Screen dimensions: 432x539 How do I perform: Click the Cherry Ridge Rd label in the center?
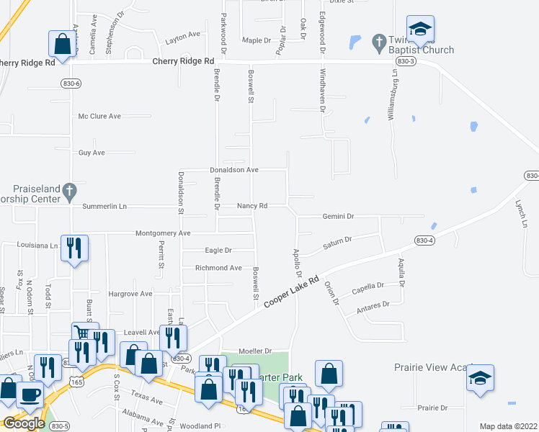pyautogui.click(x=183, y=62)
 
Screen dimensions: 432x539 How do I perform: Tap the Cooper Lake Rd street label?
pyautogui.click(x=291, y=292)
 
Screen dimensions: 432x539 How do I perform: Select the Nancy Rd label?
pyautogui.click(x=252, y=206)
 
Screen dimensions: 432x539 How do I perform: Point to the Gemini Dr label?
pyautogui.click(x=339, y=216)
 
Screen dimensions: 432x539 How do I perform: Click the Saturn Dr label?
pyautogui.click(x=337, y=243)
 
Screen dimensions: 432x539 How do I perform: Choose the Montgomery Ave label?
pyautogui.click(x=163, y=233)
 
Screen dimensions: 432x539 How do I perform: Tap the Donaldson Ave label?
pyautogui.click(x=233, y=170)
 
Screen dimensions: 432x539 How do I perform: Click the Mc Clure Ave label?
pyautogui.click(x=100, y=116)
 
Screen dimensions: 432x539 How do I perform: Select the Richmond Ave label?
pyautogui.click(x=218, y=268)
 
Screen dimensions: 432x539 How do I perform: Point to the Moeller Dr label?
pyautogui.click(x=257, y=351)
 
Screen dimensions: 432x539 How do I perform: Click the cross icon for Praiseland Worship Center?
pyautogui.click(x=69, y=191)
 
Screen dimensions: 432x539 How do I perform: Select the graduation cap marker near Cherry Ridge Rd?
pyautogui.click(x=419, y=30)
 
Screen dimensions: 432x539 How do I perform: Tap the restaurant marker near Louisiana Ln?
pyautogui.click(x=75, y=248)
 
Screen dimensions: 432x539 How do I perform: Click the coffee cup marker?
pyautogui.click(x=30, y=395)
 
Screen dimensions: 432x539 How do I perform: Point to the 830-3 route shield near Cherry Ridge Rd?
pyautogui.click(x=406, y=62)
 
